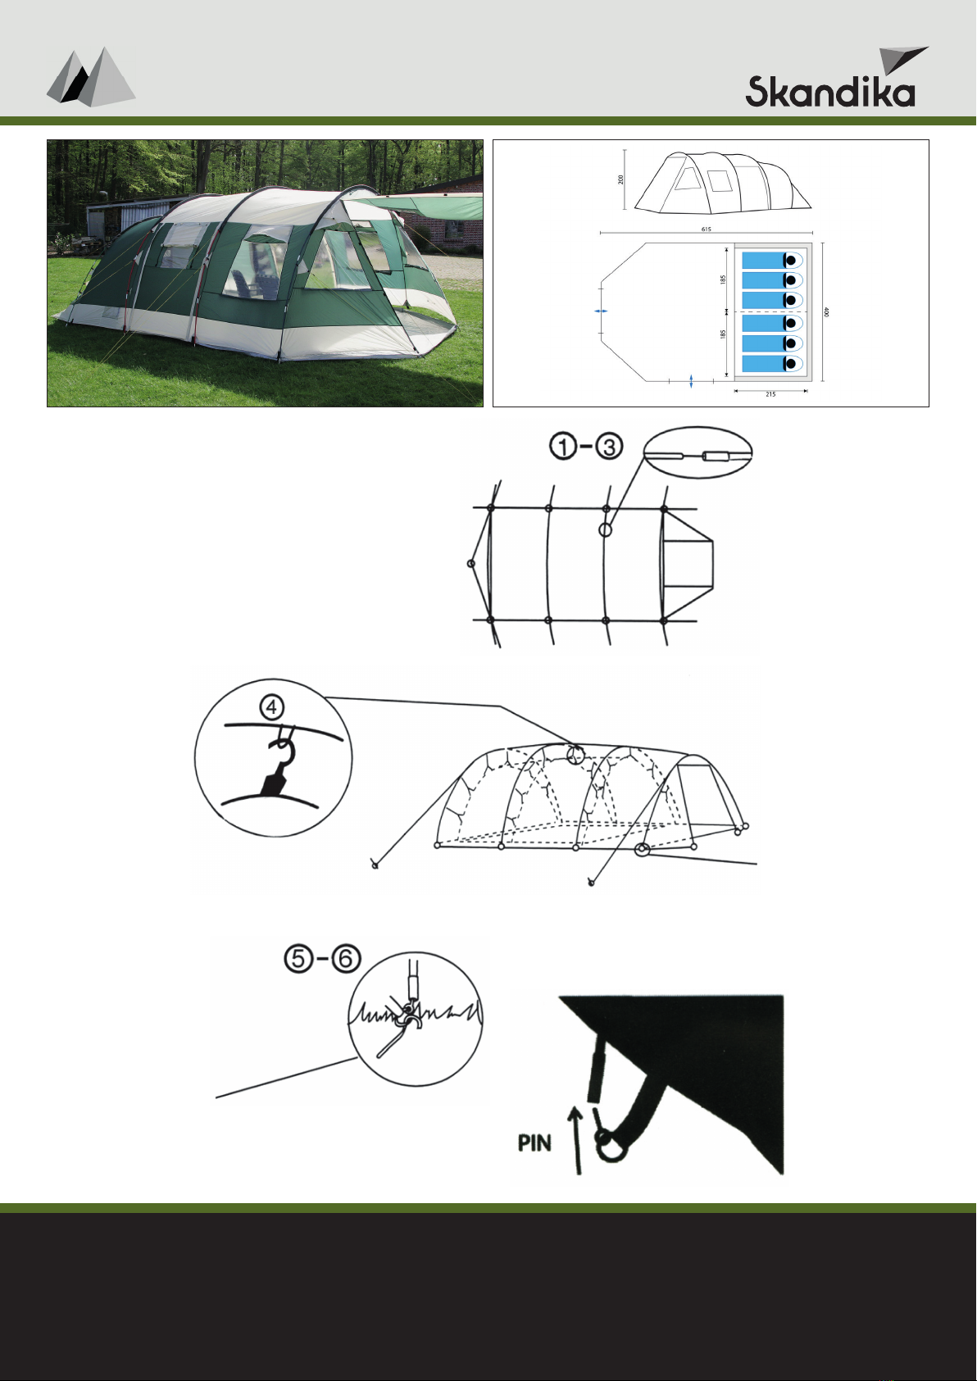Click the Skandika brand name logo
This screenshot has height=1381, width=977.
(830, 91)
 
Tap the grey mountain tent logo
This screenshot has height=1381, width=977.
(91, 77)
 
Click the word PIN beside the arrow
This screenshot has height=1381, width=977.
(534, 1143)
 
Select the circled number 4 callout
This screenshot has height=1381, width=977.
(272, 708)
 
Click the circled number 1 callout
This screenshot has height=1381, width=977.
(562, 447)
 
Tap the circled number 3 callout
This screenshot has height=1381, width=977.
(609, 447)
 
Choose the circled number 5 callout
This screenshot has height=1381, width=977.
(298, 959)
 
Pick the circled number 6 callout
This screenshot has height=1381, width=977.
(346, 959)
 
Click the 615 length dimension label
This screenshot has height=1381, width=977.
(706, 229)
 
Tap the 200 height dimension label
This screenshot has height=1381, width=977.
(620, 179)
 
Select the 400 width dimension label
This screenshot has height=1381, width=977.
(827, 312)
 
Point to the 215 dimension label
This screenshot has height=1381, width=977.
(770, 394)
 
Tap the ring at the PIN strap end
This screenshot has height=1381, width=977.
(611, 1146)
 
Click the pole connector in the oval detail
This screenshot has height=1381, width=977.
(716, 457)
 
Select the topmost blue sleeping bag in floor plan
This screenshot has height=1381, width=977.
(772, 260)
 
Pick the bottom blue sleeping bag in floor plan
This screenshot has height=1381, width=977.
(772, 364)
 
